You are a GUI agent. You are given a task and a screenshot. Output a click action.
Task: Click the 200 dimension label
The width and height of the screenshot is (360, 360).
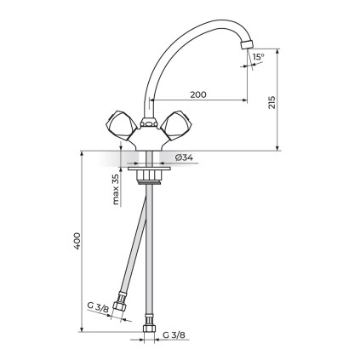[x=198, y=94]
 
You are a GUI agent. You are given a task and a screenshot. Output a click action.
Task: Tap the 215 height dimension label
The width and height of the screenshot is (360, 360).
[x=271, y=102]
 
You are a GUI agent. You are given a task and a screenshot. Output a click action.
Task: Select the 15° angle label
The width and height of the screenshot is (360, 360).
[x=258, y=57]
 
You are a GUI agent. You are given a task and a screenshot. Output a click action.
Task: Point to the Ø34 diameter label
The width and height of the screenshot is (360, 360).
[x=184, y=157]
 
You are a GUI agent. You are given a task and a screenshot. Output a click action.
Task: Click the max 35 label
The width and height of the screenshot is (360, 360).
[x=116, y=189]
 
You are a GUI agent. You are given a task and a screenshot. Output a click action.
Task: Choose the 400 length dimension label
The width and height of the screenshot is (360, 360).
[x=77, y=241]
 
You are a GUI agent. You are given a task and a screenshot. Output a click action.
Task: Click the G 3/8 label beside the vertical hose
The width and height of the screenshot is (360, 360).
[x=174, y=335]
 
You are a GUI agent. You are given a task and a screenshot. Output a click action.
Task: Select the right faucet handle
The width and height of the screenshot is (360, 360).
[x=176, y=125]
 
